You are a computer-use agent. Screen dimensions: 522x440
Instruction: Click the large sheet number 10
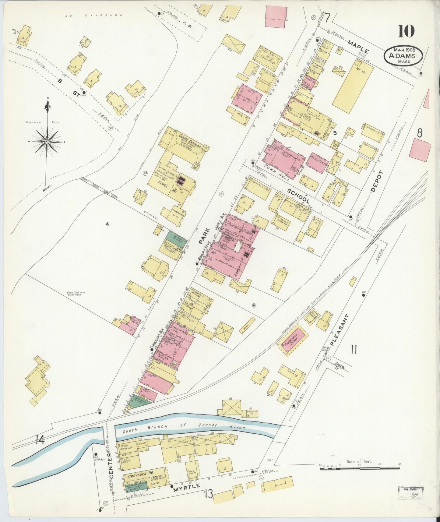(406, 31)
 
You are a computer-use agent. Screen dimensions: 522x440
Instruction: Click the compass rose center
(47, 142)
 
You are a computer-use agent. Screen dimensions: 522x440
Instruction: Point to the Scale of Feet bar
(360, 469)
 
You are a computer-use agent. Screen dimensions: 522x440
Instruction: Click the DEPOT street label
(377, 181)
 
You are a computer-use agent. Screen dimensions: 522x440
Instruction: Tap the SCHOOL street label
(298, 196)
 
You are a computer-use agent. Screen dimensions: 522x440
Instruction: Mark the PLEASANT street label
(339, 330)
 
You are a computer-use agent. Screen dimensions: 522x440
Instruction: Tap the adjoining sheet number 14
(40, 440)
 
